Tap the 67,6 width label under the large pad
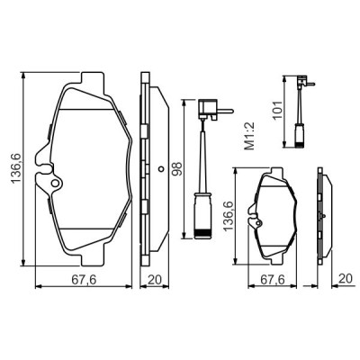83,281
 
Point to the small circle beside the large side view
160,168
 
